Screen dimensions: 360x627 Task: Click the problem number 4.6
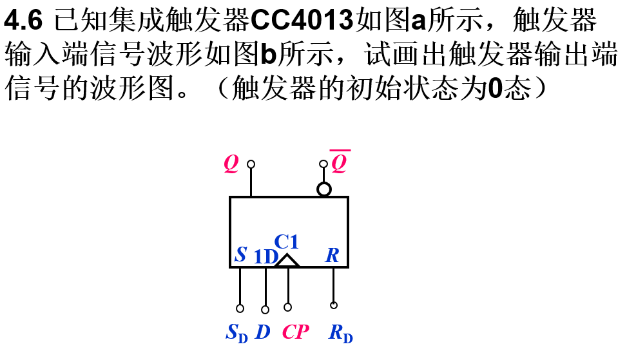click(x=23, y=22)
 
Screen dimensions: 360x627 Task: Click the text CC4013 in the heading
click(x=302, y=22)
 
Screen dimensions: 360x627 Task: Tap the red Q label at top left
click(x=231, y=164)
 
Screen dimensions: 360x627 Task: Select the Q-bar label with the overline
click(x=339, y=164)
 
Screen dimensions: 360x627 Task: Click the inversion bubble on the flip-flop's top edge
click(x=323, y=189)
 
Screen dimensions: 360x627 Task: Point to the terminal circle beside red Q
click(x=251, y=164)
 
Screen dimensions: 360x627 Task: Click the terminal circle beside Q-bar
click(x=323, y=164)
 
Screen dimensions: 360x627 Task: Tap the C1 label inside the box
click(x=286, y=242)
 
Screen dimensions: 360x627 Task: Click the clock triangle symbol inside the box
click(x=287, y=260)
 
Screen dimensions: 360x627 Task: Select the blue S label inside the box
click(x=240, y=254)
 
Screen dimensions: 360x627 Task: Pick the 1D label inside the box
click(x=265, y=257)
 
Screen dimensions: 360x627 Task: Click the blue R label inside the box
click(x=332, y=255)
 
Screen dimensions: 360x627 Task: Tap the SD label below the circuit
click(x=236, y=332)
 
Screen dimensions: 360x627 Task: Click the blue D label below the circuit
click(x=262, y=332)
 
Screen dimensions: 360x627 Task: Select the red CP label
click(x=296, y=332)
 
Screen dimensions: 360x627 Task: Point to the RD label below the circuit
click(x=340, y=333)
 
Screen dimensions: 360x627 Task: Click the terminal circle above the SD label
click(x=240, y=308)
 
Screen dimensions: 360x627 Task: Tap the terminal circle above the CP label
click(x=287, y=307)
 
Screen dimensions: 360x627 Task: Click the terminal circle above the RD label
click(x=333, y=305)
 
